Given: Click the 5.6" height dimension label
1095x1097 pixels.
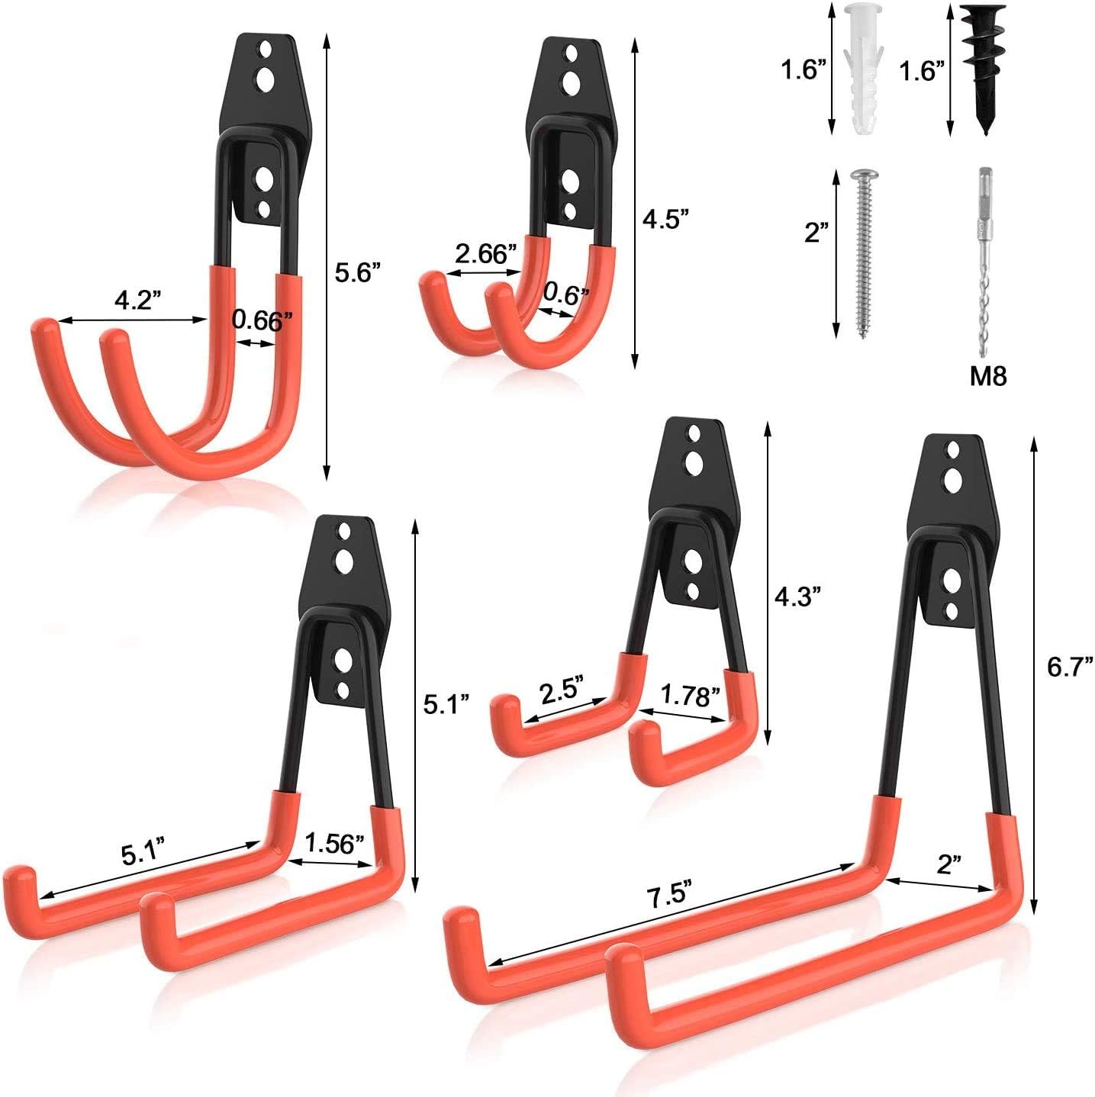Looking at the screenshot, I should point(358,272).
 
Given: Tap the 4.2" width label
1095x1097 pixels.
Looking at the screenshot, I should point(137,301).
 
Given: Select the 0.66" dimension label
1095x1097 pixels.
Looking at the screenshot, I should point(262,320).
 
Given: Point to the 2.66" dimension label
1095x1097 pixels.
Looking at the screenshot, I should point(486,253).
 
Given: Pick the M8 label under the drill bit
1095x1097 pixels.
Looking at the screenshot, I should point(987,375).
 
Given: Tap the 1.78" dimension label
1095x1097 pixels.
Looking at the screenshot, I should point(689,695).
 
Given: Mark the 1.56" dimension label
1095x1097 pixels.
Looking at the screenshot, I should point(333,843).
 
